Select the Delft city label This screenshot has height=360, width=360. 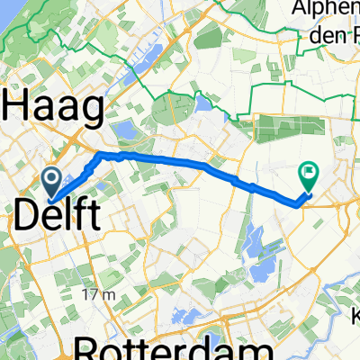coord(56,216)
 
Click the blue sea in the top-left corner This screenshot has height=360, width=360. coord(9,18)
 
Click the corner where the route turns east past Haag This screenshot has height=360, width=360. coord(97,155)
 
